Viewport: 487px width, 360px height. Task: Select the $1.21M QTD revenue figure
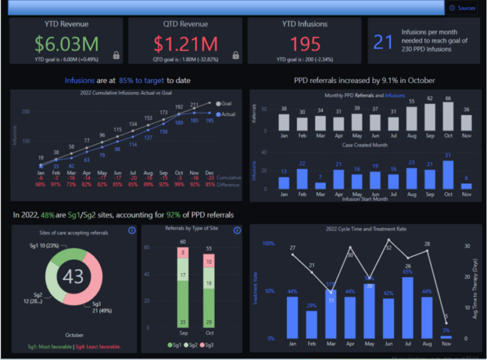coord(185,44)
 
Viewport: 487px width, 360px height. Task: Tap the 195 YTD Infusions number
coord(305,44)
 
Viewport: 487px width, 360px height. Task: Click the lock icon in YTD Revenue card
coord(116,55)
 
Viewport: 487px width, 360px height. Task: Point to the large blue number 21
coord(383,42)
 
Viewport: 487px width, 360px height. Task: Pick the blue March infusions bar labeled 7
coord(320,186)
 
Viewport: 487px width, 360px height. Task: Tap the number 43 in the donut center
coord(74,276)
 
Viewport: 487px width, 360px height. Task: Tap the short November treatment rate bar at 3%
coord(446,337)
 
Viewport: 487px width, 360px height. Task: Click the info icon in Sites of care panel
coord(131,231)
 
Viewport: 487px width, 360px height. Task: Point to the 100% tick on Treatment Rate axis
coord(268,243)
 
